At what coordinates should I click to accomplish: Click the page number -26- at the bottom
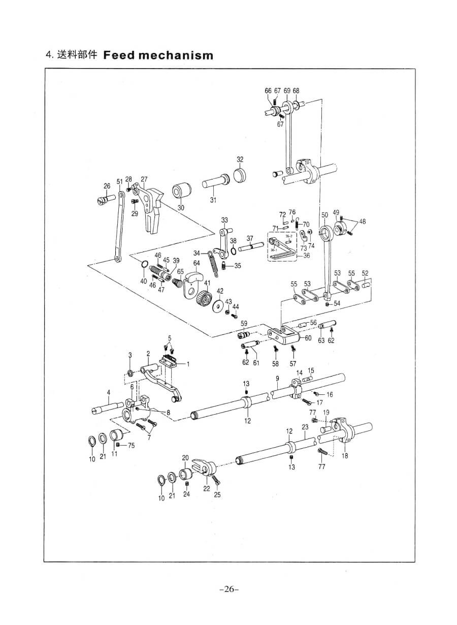pos(228,589)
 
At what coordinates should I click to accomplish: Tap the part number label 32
pos(240,159)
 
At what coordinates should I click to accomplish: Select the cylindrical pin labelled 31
pos(215,181)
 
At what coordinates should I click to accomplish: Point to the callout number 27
pos(144,179)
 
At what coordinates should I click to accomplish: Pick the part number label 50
pos(324,215)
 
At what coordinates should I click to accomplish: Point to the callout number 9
pos(278,379)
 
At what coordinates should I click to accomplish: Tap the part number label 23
pos(305,428)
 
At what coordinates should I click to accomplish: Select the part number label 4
pos(108,392)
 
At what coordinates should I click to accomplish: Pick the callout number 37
pos(250,239)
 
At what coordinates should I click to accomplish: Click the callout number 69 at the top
pos(287,90)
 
